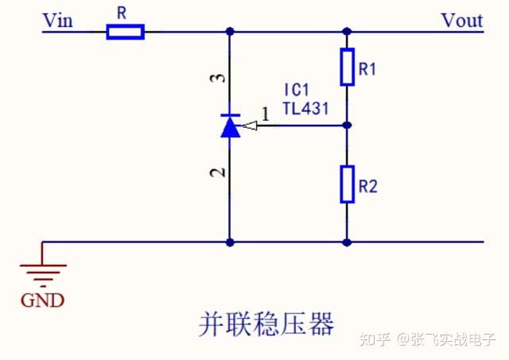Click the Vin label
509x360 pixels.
pyautogui.click(x=57, y=20)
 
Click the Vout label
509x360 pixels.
pyautogui.click(x=462, y=20)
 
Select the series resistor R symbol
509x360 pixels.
pyautogui.click(x=126, y=32)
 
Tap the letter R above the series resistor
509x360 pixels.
pyautogui.click(x=122, y=14)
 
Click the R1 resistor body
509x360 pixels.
pyautogui.click(x=347, y=67)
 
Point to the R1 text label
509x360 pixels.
pyautogui.click(x=367, y=69)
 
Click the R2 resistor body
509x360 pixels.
pyautogui.click(x=347, y=184)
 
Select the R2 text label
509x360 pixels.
pyautogui.click(x=367, y=187)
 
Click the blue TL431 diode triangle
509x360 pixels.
pyautogui.click(x=231, y=127)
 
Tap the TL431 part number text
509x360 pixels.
pyautogui.click(x=305, y=108)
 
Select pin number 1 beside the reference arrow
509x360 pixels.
pyautogui.click(x=265, y=114)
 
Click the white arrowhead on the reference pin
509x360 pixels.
pyautogui.click(x=250, y=125)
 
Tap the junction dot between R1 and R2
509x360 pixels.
pyautogui.click(x=347, y=125)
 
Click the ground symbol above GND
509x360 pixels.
pyautogui.click(x=42, y=274)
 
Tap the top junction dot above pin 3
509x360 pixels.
pyautogui.click(x=231, y=32)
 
